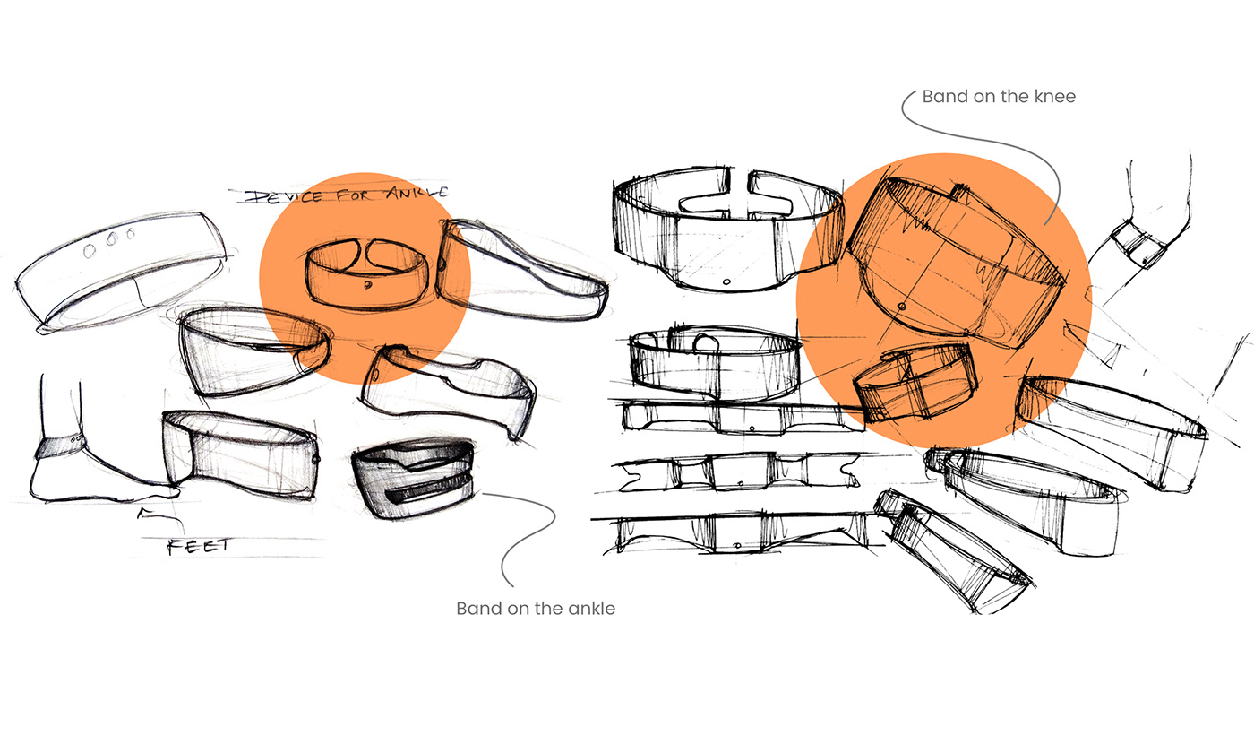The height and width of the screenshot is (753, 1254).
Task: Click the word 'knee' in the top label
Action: pos(1055,97)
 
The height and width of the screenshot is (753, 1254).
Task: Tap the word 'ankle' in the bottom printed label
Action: pos(592,609)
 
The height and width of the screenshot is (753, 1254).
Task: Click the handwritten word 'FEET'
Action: pos(199,546)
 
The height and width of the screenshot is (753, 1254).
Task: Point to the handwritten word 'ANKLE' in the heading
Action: pos(417,194)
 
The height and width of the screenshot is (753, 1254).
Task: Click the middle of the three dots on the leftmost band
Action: pos(111,239)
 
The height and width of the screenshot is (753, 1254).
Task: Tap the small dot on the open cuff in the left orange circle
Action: pos(368,285)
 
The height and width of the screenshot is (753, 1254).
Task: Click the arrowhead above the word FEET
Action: pos(143,513)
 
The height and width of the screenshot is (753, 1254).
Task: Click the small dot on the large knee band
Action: pos(902,307)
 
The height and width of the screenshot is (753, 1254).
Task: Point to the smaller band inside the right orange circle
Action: pos(915,382)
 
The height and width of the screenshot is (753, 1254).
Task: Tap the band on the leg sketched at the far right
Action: pos(1139,246)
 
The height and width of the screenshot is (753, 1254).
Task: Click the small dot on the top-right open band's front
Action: pos(726,281)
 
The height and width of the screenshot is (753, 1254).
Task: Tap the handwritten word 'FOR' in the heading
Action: pos(354,195)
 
